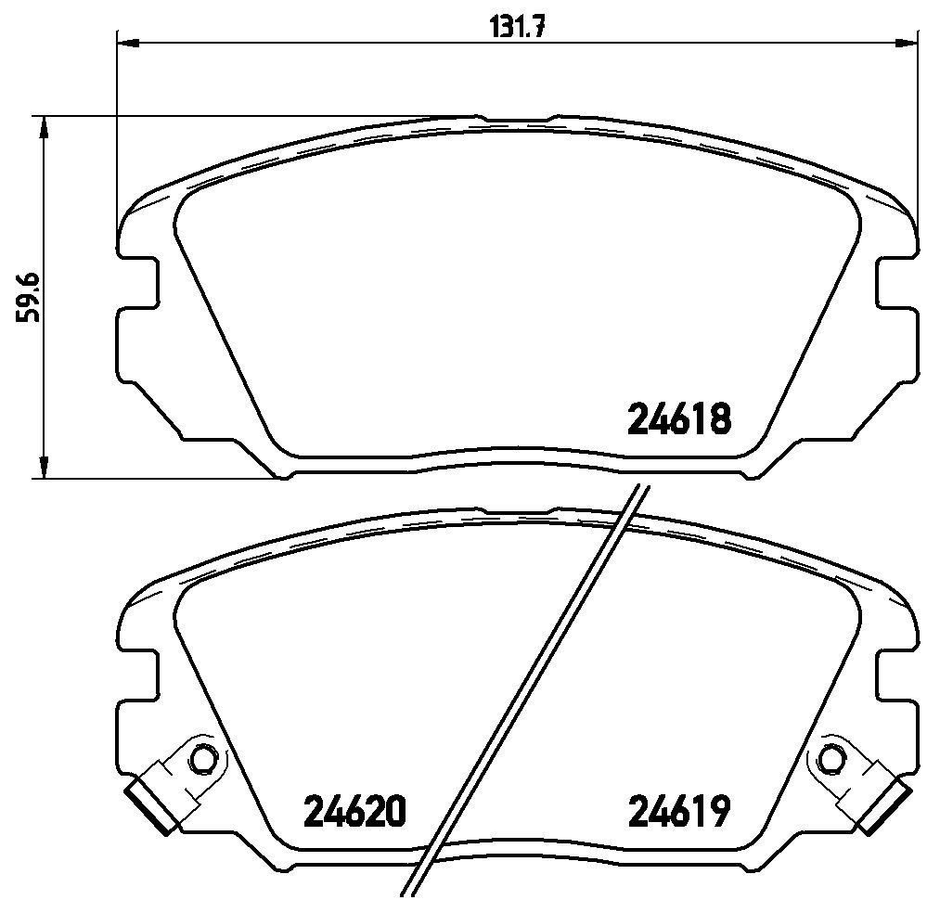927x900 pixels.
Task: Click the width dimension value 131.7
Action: point(517,27)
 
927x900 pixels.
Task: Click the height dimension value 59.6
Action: point(27,297)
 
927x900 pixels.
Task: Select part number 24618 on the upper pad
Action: point(679,419)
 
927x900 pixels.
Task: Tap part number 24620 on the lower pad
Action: point(354,811)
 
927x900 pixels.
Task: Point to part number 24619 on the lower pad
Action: point(679,811)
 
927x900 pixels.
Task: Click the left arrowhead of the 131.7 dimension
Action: point(128,43)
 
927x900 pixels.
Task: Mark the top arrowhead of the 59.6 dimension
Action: point(43,126)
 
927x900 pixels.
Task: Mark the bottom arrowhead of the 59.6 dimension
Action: point(43,467)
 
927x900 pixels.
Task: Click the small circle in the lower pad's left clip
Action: point(204,757)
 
